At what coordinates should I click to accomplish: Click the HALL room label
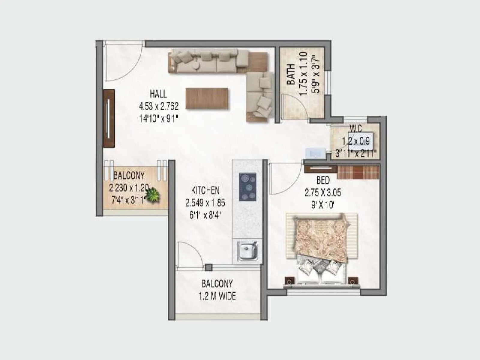click(x=158, y=94)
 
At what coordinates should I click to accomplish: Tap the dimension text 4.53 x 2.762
click(x=159, y=106)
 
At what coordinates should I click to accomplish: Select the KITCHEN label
click(x=205, y=190)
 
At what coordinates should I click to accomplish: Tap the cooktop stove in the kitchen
click(x=248, y=187)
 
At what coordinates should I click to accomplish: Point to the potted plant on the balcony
click(x=153, y=195)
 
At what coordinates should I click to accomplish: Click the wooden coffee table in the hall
click(x=207, y=98)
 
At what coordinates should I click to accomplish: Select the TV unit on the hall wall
click(x=109, y=118)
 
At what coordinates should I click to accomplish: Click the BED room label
click(x=323, y=180)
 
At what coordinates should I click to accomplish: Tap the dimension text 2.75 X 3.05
click(x=323, y=193)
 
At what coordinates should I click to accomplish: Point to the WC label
click(x=355, y=129)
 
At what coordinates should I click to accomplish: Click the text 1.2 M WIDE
click(x=217, y=296)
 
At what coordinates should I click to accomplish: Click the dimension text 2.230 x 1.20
click(x=129, y=188)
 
